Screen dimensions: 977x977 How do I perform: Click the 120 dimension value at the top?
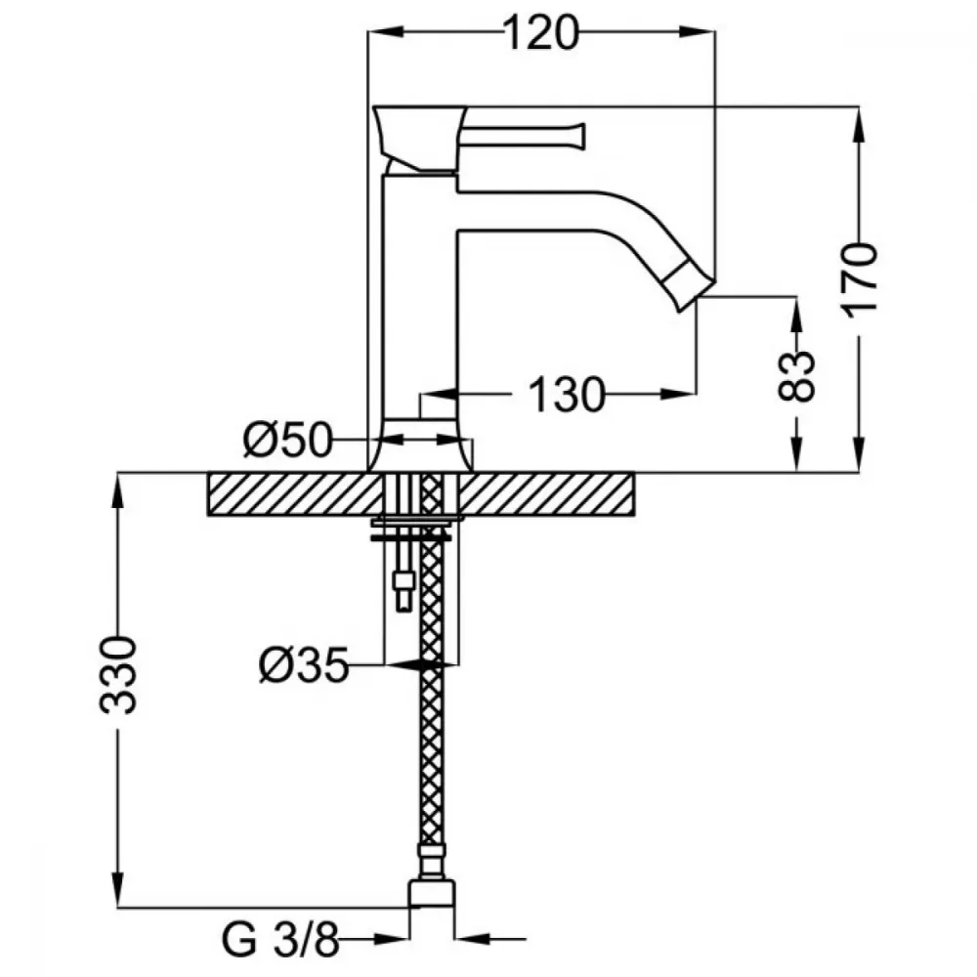coord(541,33)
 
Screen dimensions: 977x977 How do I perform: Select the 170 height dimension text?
coord(861,280)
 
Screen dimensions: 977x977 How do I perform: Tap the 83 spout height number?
coord(797,376)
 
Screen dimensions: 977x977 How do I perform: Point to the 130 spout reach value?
coord(567,395)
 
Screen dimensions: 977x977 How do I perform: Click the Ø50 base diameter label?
coord(288,441)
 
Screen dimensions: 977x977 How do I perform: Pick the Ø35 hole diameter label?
coord(304,664)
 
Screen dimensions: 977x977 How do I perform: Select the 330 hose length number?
coord(118,675)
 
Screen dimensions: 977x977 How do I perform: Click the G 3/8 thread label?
coord(280,940)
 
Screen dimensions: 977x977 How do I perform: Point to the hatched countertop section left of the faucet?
coord(294,494)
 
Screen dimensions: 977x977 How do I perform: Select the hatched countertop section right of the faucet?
coord(546,494)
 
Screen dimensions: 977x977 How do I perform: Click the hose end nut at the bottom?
coord(431,892)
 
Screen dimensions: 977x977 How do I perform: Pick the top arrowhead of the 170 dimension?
coord(859,126)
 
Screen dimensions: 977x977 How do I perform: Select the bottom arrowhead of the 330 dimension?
coord(118,889)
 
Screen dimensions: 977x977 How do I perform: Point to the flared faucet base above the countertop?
coord(420,445)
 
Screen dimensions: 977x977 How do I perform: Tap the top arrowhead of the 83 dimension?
coord(797,316)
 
